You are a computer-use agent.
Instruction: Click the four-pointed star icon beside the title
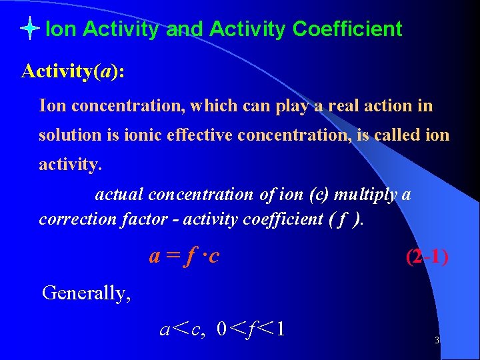pyautogui.click(x=31, y=29)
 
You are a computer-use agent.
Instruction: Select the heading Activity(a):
pyautogui.click(x=72, y=71)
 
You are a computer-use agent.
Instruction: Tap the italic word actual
pyautogui.click(x=119, y=195)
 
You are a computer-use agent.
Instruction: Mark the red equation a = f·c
pyautogui.click(x=184, y=256)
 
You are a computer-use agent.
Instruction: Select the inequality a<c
pyautogui.click(x=182, y=329)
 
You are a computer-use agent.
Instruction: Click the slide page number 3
pyautogui.click(x=436, y=341)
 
